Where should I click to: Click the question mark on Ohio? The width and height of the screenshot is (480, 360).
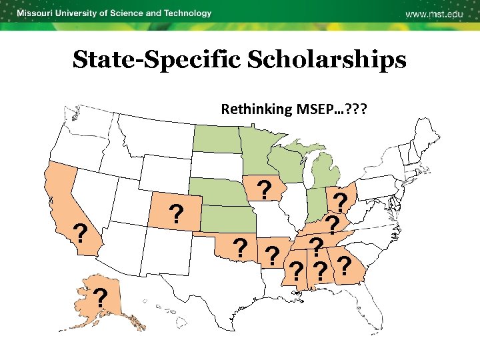[341, 202]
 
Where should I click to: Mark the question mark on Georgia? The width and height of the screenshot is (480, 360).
[344, 265]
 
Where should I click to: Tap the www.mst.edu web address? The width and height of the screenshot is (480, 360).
[435, 15]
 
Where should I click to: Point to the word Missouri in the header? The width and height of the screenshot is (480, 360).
[38, 13]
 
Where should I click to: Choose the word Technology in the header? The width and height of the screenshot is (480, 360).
[186, 13]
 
